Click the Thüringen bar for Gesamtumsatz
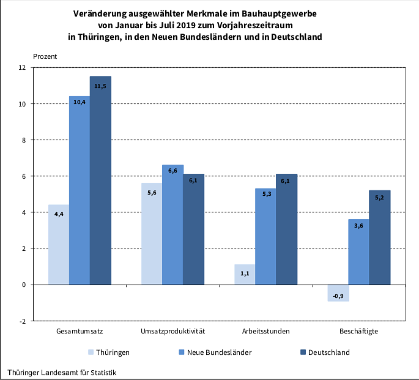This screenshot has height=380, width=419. tap(59, 245)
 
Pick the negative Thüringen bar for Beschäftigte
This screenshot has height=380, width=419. tap(338, 292)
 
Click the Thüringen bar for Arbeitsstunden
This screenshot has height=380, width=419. tap(245, 274)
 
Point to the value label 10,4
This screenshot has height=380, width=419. tap(80, 102)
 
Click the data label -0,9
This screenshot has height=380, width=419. tap(338, 297)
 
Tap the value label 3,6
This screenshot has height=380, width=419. tap(358, 226)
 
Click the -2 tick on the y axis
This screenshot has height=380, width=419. tap(22, 321)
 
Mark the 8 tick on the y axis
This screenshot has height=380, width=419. tap(23, 140)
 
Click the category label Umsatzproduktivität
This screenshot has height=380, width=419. tap(172, 332)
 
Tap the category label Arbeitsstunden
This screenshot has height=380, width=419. tap(265, 332)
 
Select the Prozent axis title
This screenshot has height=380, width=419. tap(45, 56)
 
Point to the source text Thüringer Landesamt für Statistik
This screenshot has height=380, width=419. tap(62, 372)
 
